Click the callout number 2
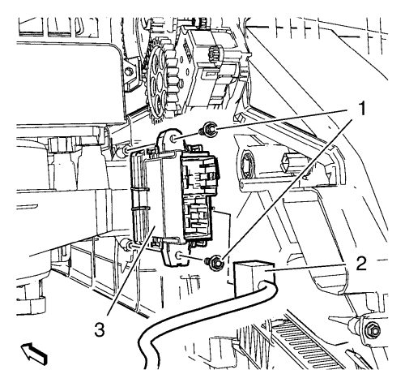click(x=361, y=264)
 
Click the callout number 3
click(x=100, y=329)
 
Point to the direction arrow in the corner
click(x=34, y=353)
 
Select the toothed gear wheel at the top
click(x=161, y=82)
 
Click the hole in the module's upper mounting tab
click(x=173, y=140)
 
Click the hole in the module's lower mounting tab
click(x=178, y=255)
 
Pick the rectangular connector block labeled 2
click(x=254, y=278)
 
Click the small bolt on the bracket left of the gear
click(x=130, y=72)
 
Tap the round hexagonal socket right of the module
click(x=247, y=164)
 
